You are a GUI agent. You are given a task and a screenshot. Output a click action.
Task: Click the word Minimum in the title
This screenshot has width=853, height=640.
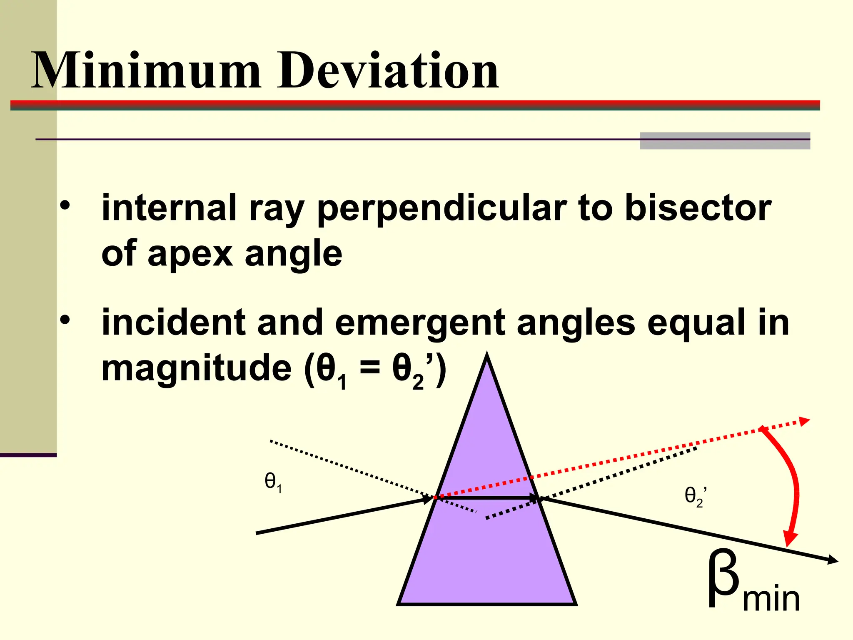pos(146,71)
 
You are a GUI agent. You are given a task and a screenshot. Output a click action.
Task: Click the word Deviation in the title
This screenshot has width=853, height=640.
pos(388,71)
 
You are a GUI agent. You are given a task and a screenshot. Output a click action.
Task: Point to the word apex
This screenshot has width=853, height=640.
pos(190,254)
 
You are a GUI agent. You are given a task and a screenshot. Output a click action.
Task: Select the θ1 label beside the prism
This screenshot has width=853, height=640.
pos(273,482)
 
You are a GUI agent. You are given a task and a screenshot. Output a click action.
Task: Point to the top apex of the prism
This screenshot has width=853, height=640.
pos(487,357)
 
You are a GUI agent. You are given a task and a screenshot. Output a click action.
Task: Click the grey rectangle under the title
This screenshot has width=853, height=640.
pos(725,141)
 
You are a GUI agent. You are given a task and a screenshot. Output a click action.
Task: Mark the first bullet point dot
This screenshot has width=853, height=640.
pos(65,205)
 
